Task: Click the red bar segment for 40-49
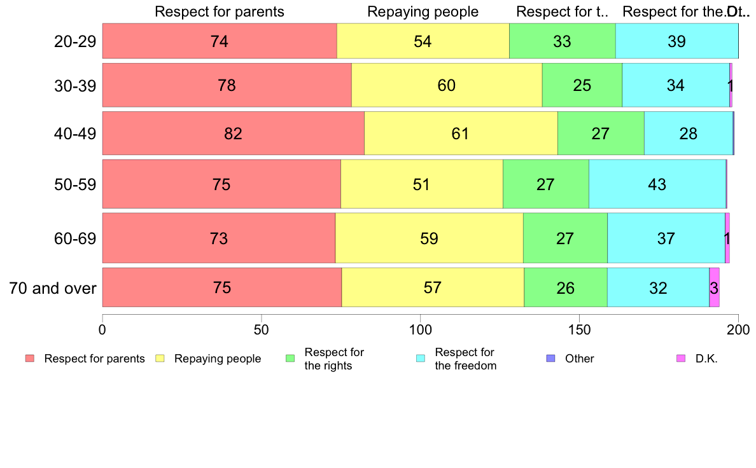[x=233, y=134]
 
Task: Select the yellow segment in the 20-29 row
[x=423, y=41]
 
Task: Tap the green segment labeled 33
[x=562, y=41]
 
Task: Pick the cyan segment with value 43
[x=657, y=184]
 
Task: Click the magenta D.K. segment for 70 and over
[x=714, y=287]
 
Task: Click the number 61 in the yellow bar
[x=460, y=134]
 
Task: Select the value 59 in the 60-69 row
[x=429, y=238]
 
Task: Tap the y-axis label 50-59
[x=75, y=184]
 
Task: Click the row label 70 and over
[x=53, y=288]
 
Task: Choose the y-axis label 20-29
[x=75, y=42]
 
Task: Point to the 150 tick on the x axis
[x=579, y=329]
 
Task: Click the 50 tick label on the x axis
[x=262, y=329]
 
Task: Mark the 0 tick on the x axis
[x=102, y=329]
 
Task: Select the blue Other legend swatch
[x=551, y=359]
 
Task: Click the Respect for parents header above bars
[x=220, y=11]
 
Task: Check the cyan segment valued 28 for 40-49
[x=688, y=134]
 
